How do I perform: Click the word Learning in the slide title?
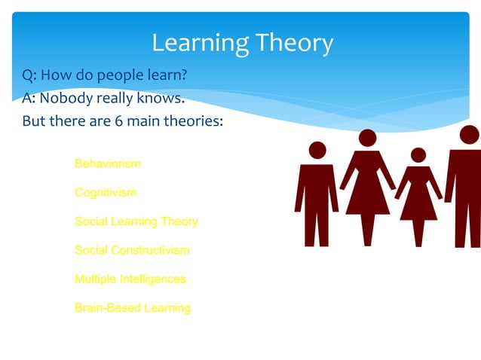click(x=197, y=43)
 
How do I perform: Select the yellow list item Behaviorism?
click(x=107, y=163)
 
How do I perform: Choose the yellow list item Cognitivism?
click(x=106, y=192)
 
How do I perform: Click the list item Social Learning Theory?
click(x=136, y=221)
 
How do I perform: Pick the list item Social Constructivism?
click(x=132, y=250)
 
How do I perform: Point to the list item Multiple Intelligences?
click(x=130, y=279)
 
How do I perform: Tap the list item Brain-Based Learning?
click(x=132, y=307)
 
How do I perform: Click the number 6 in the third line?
click(x=119, y=121)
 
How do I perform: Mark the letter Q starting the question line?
click(x=28, y=76)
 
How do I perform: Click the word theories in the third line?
click(x=195, y=121)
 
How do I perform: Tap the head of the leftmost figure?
click(x=317, y=151)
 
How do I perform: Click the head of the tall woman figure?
click(x=367, y=138)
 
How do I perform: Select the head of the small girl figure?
click(x=418, y=155)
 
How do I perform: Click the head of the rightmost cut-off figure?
click(x=469, y=135)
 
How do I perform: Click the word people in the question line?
click(x=127, y=76)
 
